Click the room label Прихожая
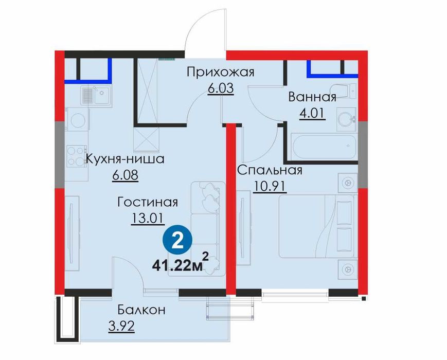(220, 73)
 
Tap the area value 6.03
(221, 88)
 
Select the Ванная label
(312, 97)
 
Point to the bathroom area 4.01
(312, 114)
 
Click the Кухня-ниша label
(125, 158)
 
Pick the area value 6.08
(125, 175)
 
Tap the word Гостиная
(148, 203)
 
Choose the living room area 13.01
(147, 219)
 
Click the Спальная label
(270, 170)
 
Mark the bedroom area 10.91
(269, 187)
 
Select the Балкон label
(141, 310)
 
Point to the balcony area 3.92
(121, 326)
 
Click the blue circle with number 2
(177, 241)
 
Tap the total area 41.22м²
(181, 263)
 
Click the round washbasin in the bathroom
(346, 119)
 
